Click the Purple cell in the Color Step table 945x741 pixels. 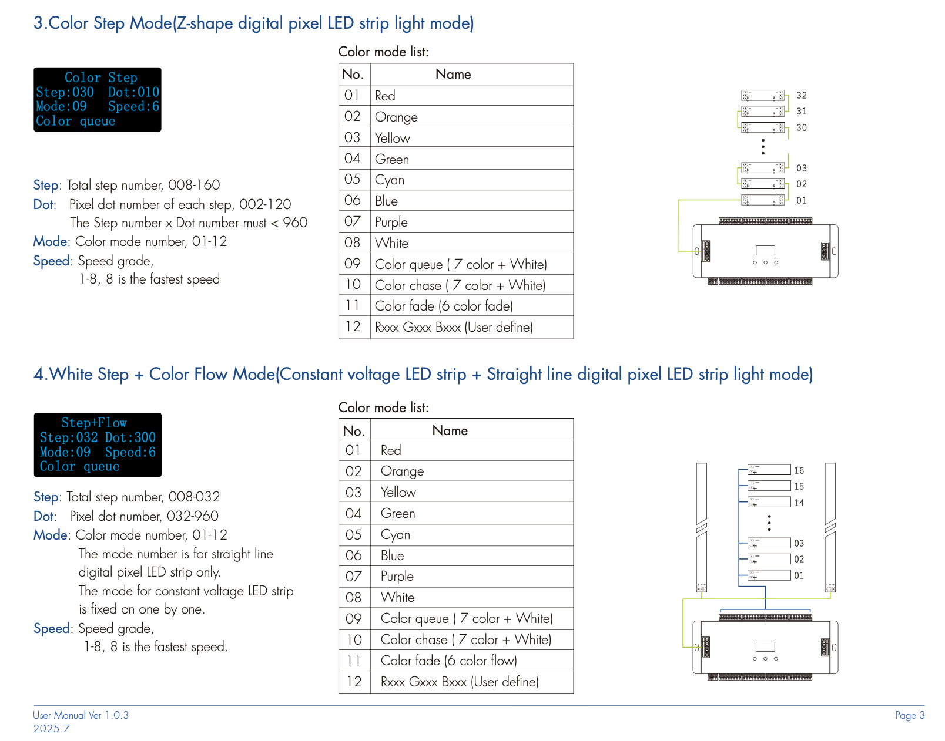click(x=391, y=222)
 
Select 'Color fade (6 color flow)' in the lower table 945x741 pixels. click(x=448, y=661)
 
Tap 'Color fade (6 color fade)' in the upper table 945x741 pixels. click(x=444, y=306)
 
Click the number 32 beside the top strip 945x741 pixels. click(x=802, y=95)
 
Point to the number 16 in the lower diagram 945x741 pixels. click(x=799, y=470)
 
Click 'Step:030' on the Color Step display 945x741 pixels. click(x=65, y=92)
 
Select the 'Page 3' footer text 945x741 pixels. click(x=910, y=715)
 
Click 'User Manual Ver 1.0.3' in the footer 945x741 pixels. click(x=81, y=715)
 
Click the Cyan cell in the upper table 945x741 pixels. click(x=390, y=180)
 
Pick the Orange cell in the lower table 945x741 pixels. click(x=402, y=471)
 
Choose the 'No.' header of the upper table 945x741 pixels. click(x=353, y=74)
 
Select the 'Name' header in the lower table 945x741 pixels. click(x=450, y=430)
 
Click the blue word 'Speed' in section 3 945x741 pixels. click(x=52, y=261)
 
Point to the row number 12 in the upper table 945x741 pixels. click(x=353, y=326)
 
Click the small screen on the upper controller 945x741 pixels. click(x=765, y=250)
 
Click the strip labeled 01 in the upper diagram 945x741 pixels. click(x=763, y=200)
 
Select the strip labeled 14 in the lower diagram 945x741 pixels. click(x=769, y=502)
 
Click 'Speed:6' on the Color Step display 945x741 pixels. click(x=133, y=106)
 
